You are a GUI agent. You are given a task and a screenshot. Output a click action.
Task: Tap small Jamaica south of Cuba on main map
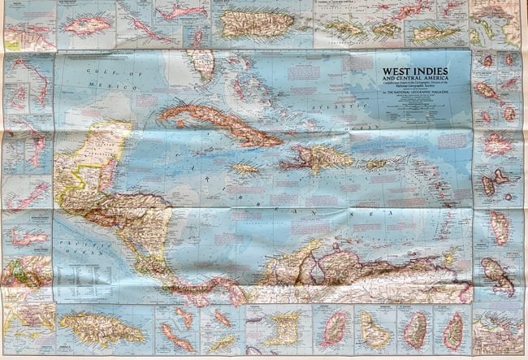pyautogui.click(x=245, y=169)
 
